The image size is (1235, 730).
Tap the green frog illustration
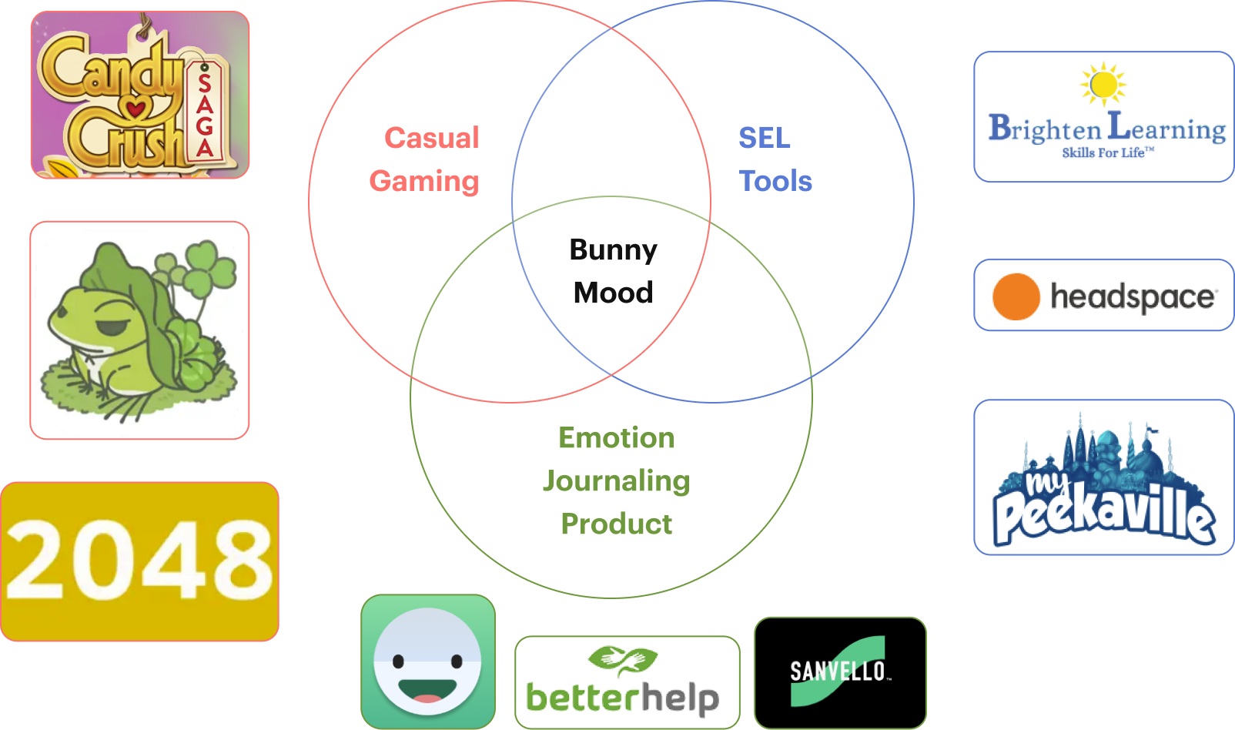click(x=139, y=330)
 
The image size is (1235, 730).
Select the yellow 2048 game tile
click(x=139, y=561)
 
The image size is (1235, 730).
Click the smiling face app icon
click(x=427, y=661)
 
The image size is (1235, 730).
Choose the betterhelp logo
click(x=626, y=682)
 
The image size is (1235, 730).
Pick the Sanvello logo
click(x=839, y=671)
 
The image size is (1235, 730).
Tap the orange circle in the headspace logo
click(x=1016, y=296)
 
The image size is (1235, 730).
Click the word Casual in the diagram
click(x=432, y=138)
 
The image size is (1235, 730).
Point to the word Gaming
click(x=424, y=181)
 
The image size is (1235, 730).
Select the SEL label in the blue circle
click(x=764, y=138)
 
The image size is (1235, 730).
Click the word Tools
click(x=775, y=181)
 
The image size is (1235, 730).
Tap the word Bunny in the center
click(x=613, y=249)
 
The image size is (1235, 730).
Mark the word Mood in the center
click(x=613, y=293)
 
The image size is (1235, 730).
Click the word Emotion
click(x=616, y=437)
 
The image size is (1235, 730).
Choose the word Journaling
click(x=616, y=481)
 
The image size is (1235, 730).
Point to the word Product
click(x=616, y=524)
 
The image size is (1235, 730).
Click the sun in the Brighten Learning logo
click(x=1103, y=83)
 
